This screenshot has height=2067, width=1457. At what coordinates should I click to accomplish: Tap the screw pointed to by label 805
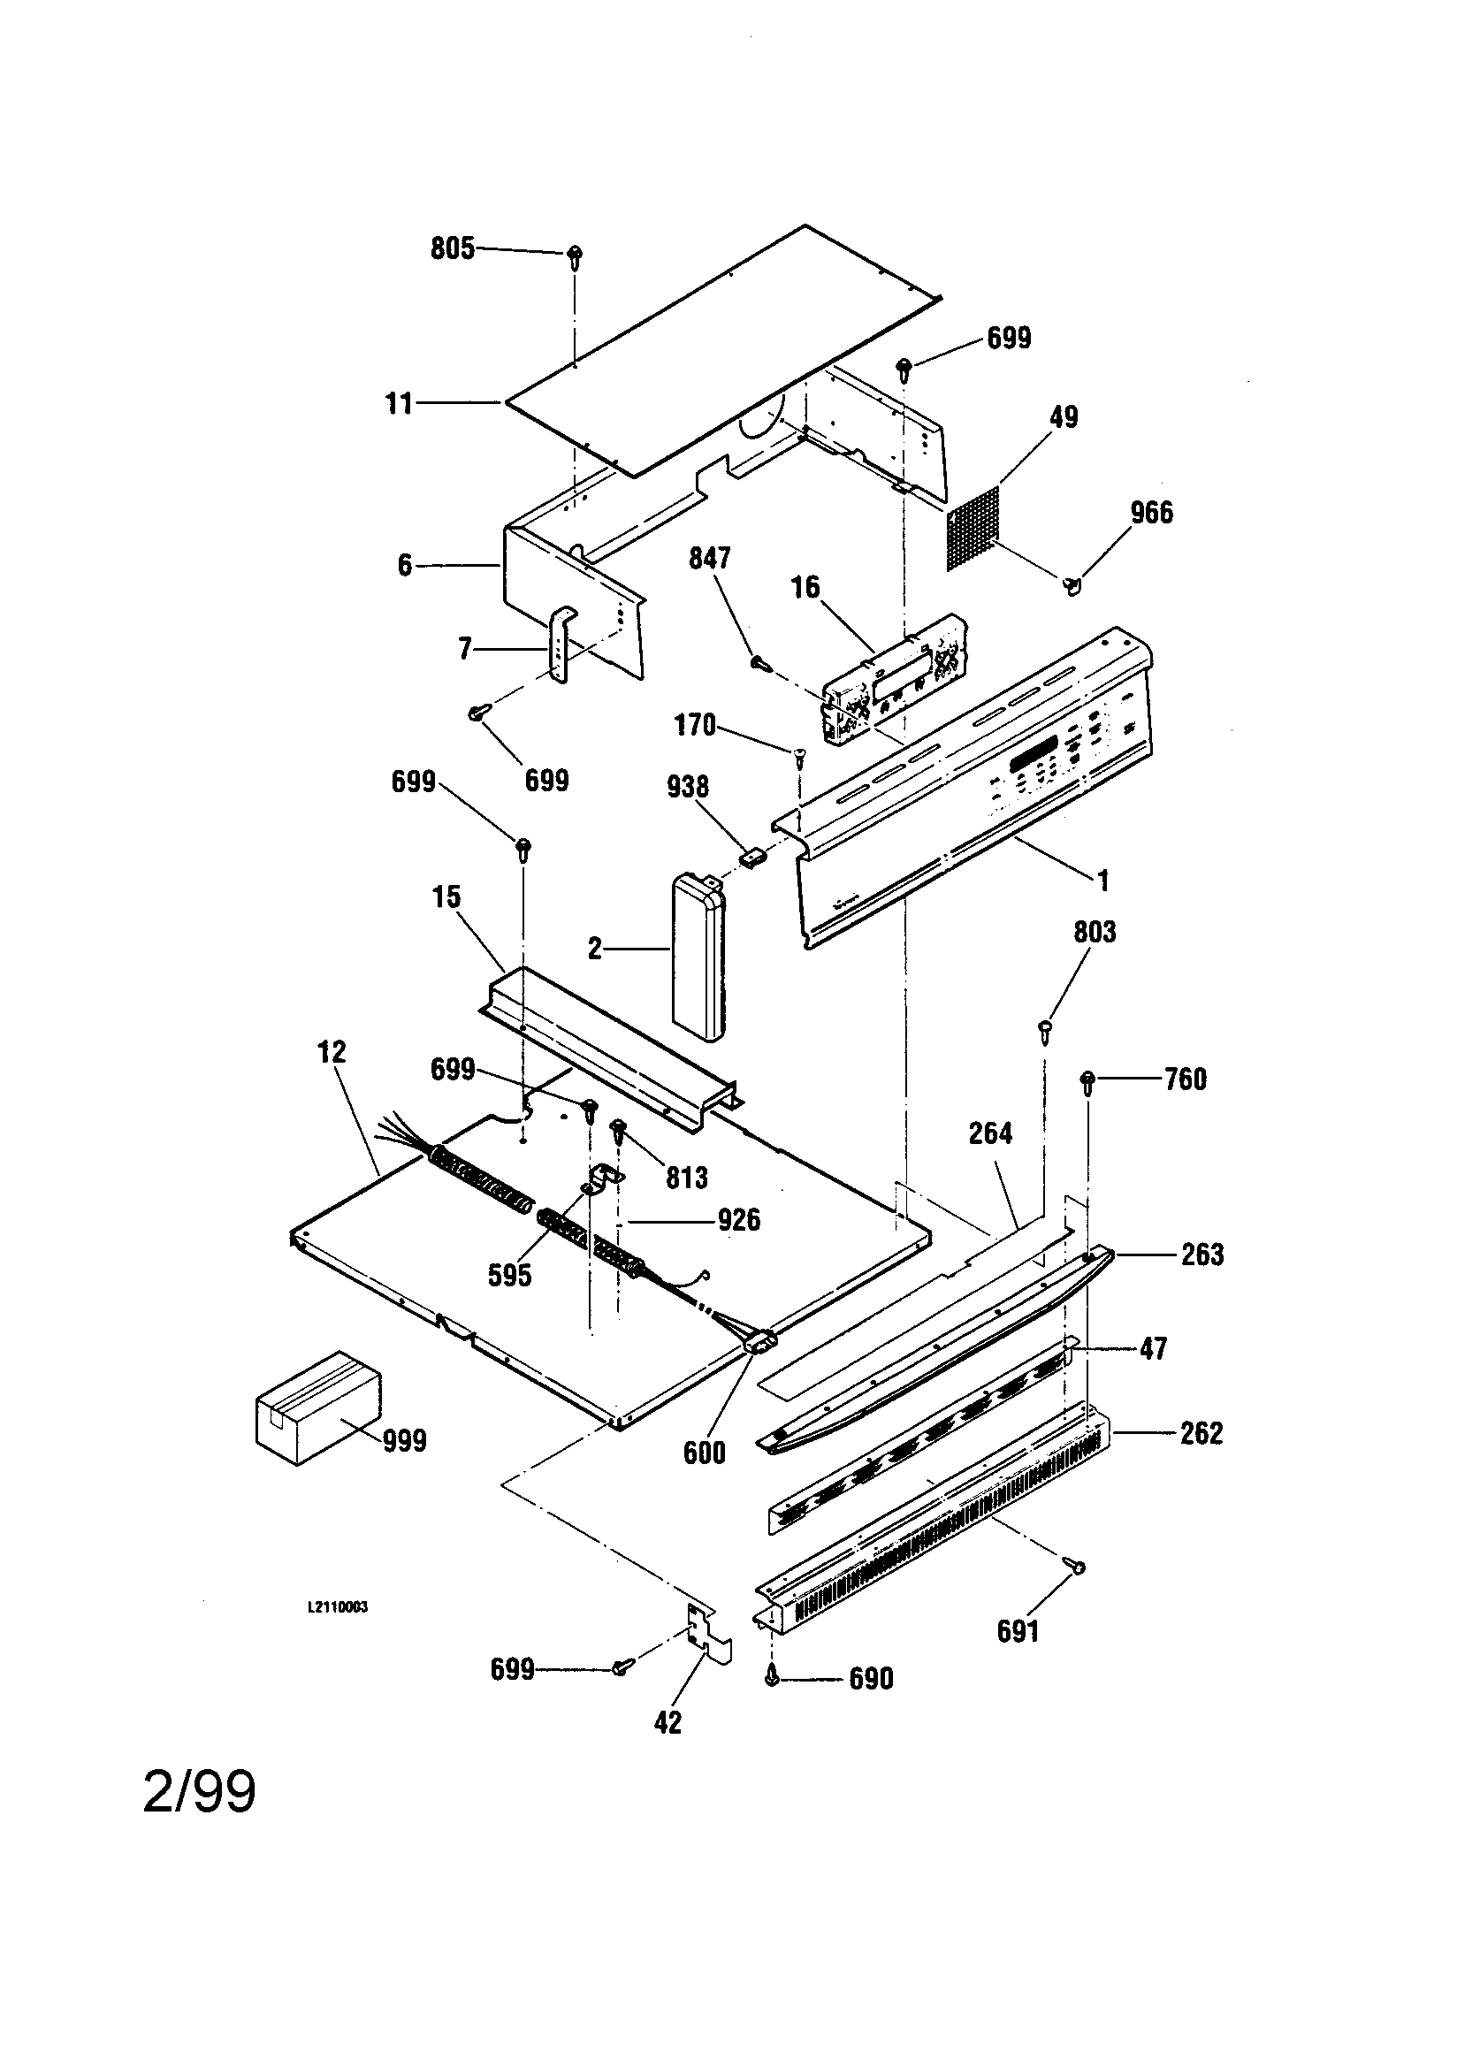[575, 256]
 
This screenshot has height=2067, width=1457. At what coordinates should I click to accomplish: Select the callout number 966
[1152, 513]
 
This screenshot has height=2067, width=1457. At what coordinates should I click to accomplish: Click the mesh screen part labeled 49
[973, 528]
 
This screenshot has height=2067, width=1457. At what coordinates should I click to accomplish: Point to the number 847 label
[710, 558]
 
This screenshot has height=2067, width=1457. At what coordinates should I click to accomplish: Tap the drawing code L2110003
[338, 1607]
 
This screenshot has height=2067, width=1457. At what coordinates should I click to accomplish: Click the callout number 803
[1095, 932]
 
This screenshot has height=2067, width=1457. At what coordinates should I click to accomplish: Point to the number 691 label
[1018, 1630]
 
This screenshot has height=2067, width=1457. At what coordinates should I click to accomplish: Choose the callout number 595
[509, 1275]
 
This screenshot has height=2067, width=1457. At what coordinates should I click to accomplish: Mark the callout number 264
[990, 1133]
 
